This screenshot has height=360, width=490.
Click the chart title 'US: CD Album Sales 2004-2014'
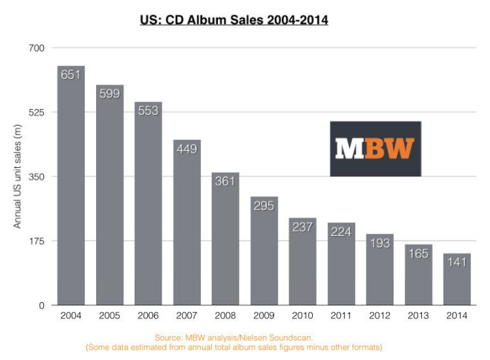[x=234, y=21]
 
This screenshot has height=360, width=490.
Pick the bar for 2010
[x=303, y=261]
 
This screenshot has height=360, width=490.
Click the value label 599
[x=110, y=93]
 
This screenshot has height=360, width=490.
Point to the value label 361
[x=225, y=181]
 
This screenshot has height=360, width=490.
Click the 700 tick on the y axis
[x=37, y=48]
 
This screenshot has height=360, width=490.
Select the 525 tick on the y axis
[x=37, y=113]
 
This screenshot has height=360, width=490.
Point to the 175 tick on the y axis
[x=37, y=241]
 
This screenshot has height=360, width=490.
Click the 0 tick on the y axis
[x=41, y=305]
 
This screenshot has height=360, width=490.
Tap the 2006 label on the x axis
[x=148, y=316]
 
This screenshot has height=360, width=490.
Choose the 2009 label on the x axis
[x=264, y=316]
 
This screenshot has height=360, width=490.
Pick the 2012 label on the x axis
[x=380, y=316]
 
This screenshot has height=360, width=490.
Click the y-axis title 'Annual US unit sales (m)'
[x=18, y=176]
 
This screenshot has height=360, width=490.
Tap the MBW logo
[x=375, y=148]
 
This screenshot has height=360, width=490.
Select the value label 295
[x=264, y=205]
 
